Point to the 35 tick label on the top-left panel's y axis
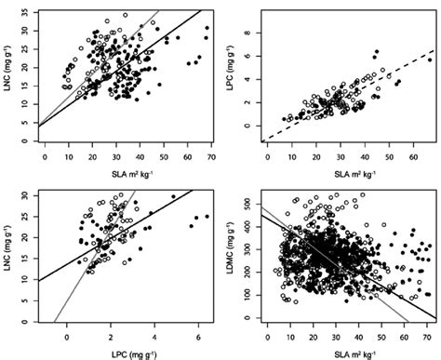[x=24, y=12]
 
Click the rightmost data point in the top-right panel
[x=430, y=60]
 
